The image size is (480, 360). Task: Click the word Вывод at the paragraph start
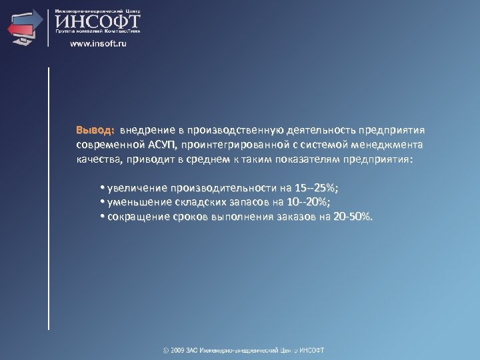click(95, 129)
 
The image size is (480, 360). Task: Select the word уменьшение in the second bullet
click(137, 202)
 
